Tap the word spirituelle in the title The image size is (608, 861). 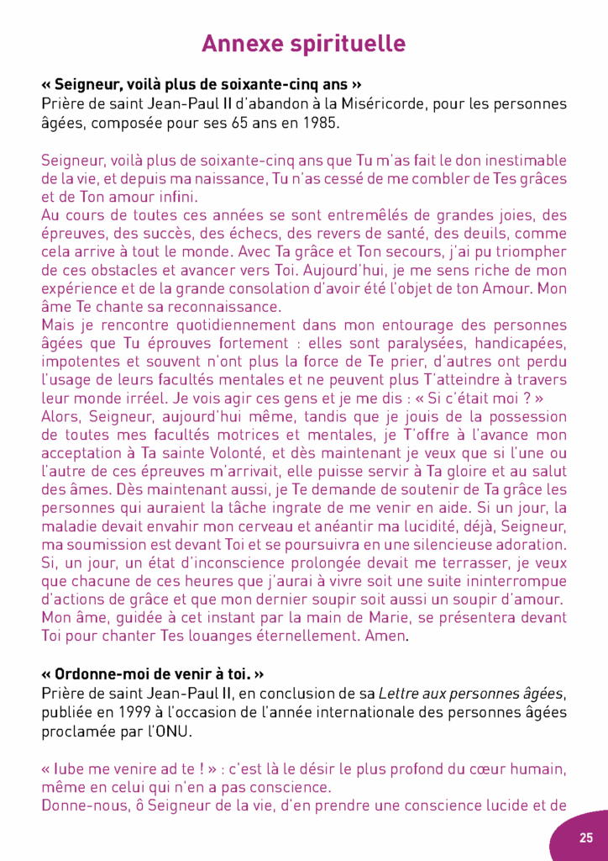[x=353, y=43]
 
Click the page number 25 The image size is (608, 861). [x=585, y=837]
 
